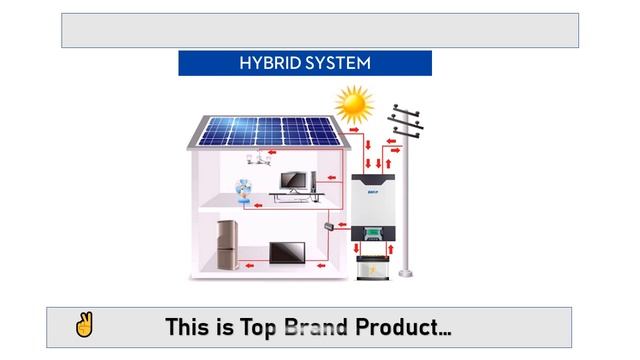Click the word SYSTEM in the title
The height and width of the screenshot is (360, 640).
(x=338, y=63)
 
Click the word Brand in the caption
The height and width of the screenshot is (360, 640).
(x=316, y=327)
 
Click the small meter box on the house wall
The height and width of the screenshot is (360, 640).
(x=326, y=227)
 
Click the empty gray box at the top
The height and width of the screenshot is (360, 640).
(x=320, y=30)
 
